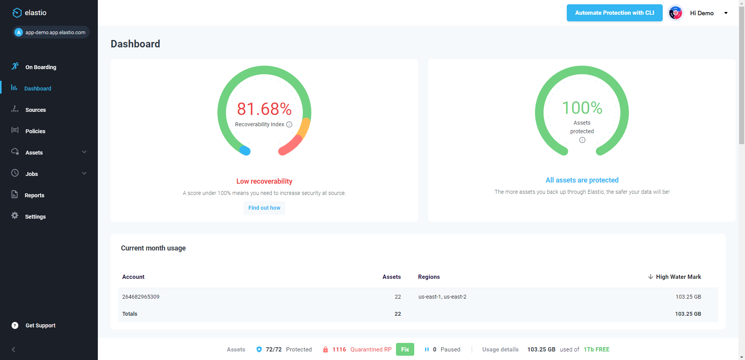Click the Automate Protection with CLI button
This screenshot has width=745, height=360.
[x=614, y=13]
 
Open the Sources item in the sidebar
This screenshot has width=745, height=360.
[x=35, y=110]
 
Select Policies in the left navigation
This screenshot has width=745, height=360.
[x=35, y=131]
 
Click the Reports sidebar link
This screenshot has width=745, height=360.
[x=34, y=195]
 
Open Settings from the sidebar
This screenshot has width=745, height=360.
[x=35, y=217]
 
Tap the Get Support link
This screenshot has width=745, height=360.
[x=40, y=325]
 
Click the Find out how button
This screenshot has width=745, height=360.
[x=264, y=208]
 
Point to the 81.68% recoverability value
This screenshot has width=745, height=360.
[x=264, y=109]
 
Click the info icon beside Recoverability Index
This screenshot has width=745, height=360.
[x=289, y=125]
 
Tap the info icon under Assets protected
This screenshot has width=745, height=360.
[x=582, y=140]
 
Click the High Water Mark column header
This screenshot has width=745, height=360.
[x=678, y=277]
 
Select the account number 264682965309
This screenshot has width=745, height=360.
[x=141, y=297]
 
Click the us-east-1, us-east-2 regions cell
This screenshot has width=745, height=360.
[x=442, y=297]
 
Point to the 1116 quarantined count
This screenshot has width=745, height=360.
[x=339, y=350]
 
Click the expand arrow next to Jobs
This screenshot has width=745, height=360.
[x=84, y=174]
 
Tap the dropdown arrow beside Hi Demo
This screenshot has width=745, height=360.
[x=726, y=13]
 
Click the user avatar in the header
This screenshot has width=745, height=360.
[x=676, y=13]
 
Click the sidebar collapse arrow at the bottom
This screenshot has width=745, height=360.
[x=14, y=350]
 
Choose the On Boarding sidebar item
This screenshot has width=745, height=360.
[x=40, y=67]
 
